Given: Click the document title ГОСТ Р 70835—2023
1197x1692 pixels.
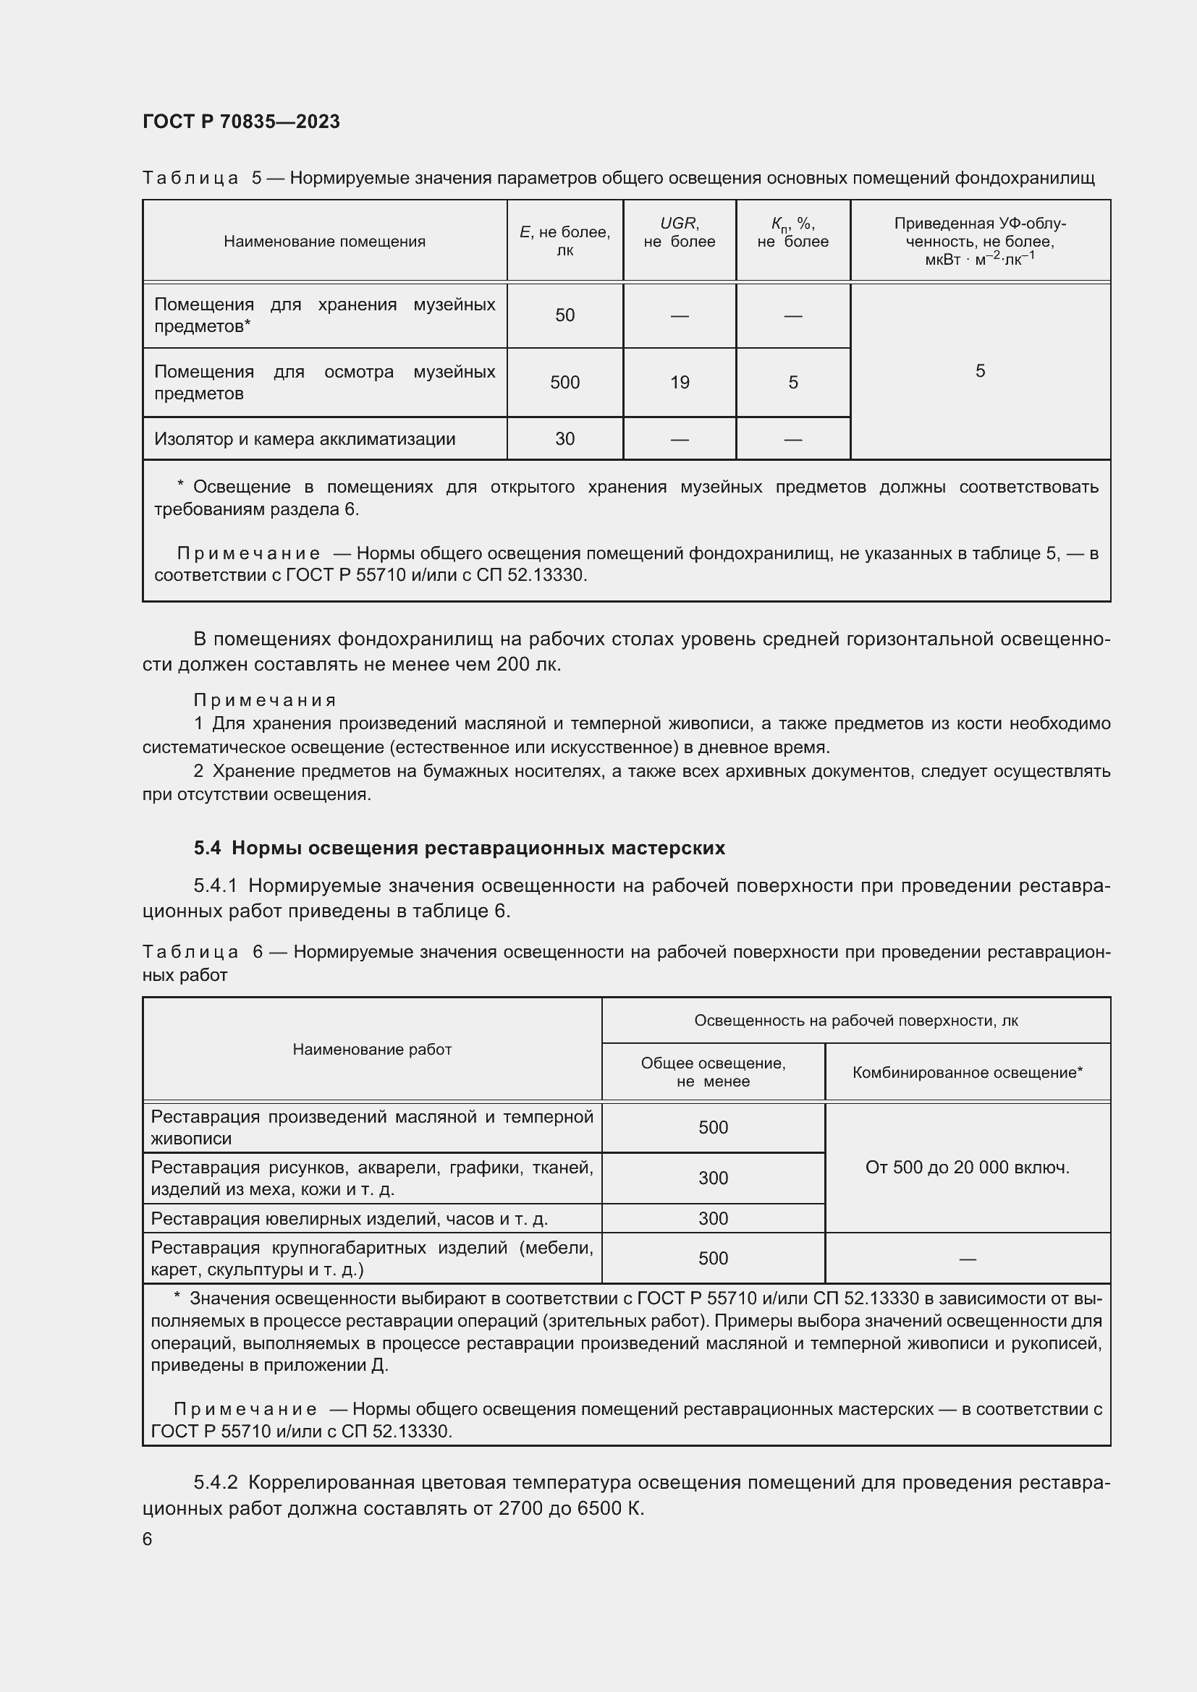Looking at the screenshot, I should click(241, 122).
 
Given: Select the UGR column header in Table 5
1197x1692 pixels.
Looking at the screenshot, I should click(679, 232).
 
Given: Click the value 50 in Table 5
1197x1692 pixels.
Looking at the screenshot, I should click(564, 315).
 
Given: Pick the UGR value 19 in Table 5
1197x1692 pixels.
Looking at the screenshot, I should click(680, 383).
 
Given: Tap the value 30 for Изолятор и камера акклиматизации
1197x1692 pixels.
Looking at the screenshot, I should click(564, 439).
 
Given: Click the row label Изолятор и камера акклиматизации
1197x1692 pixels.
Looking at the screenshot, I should click(305, 439).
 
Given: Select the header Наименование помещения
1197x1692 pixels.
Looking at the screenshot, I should click(324, 242).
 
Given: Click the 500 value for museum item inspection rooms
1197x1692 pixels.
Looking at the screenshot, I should click(564, 383).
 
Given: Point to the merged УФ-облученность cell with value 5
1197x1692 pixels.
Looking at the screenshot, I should click(980, 370).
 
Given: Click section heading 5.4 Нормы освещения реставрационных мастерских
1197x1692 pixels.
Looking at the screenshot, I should click(460, 849).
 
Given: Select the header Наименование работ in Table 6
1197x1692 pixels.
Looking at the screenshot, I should click(371, 1050).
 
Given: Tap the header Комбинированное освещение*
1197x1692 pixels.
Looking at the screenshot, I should click(967, 1073).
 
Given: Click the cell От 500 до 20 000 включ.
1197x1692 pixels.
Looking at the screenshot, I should click(967, 1168).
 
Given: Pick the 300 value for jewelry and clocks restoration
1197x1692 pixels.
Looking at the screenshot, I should click(713, 1218).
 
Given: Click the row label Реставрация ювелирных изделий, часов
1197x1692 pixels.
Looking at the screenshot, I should click(349, 1219).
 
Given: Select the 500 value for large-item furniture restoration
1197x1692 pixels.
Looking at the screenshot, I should click(713, 1259).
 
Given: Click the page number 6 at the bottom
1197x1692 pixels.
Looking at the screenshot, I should click(148, 1539).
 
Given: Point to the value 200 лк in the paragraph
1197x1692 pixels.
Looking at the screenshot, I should click(528, 665).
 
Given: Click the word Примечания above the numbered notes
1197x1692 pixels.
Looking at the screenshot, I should click(265, 700).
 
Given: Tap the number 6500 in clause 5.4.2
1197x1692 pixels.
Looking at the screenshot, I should click(600, 1508).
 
